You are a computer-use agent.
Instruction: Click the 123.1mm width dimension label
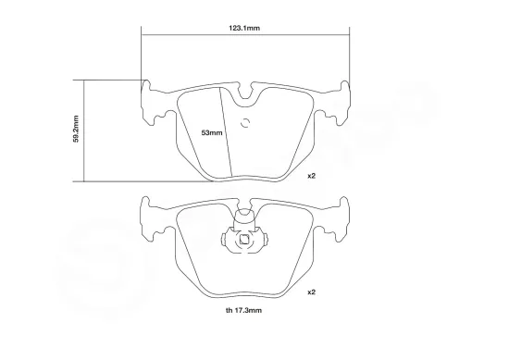(244, 29)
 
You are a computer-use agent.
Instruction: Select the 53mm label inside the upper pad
(212, 133)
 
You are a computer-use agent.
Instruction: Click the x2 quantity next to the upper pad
(312, 175)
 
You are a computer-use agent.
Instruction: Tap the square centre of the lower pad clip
(245, 242)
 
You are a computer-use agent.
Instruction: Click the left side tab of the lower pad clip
(225, 242)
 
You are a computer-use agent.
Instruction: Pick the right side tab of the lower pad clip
(266, 242)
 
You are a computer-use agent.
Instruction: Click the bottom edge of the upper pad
(245, 180)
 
